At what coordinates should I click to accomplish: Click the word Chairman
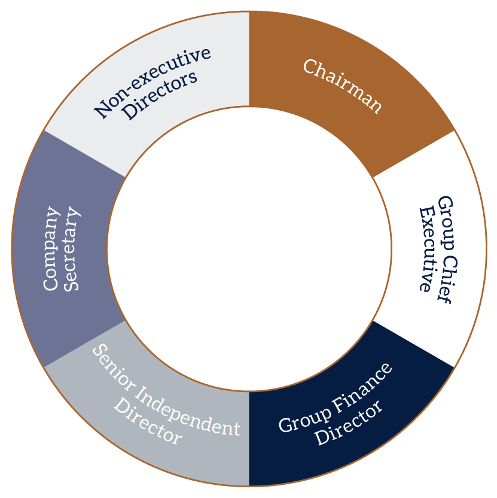pyautogui.click(x=342, y=86)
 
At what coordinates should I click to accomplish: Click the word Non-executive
pyautogui.click(x=153, y=81)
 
